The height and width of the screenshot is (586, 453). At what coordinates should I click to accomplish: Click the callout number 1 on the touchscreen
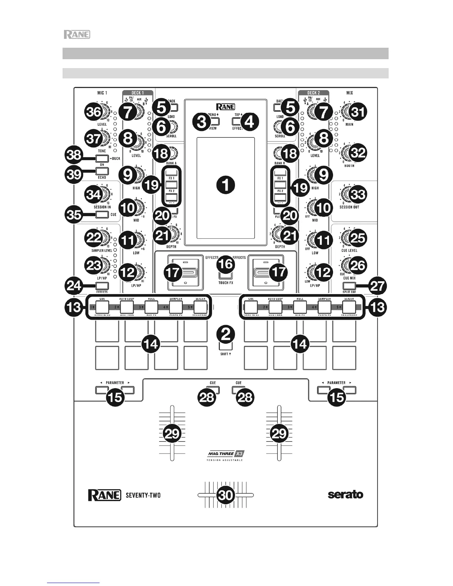(225, 184)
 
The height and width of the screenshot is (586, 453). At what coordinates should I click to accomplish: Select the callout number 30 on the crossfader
(225, 495)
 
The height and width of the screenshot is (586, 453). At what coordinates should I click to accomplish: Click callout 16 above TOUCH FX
(225, 264)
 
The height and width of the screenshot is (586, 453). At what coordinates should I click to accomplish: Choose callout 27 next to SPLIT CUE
(377, 286)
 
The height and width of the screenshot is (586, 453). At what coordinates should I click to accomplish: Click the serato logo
(345, 495)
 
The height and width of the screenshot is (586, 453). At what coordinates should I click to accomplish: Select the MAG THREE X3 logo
(226, 454)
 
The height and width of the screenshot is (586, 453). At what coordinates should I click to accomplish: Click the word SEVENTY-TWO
(143, 495)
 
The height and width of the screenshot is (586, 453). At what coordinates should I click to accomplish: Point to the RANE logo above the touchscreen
(225, 107)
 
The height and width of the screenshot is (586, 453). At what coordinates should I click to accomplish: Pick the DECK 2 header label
(313, 93)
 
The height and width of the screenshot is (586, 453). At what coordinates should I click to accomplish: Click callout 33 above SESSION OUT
(358, 194)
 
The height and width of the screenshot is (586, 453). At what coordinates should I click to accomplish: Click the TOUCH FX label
(225, 283)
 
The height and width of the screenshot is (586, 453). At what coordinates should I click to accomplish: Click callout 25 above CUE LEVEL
(358, 238)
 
